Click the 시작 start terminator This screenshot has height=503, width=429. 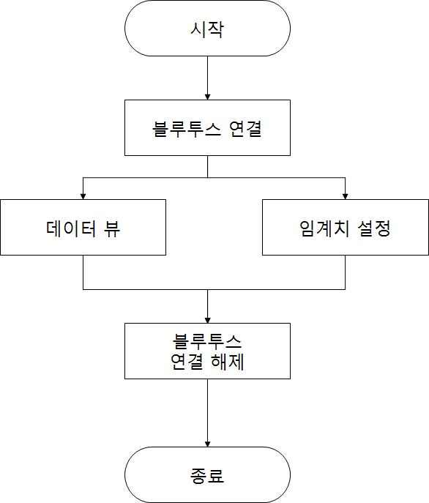(207, 29)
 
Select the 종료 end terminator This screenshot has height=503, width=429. (207, 474)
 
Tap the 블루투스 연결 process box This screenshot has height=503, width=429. (207, 127)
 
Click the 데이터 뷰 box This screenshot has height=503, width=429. (83, 228)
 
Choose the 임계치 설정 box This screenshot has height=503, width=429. (346, 228)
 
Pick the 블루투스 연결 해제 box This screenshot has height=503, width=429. (207, 351)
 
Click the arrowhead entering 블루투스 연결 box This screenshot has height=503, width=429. (207, 97)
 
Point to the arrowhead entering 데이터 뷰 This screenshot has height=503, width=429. (83, 197)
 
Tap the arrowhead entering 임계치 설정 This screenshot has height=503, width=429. (346, 197)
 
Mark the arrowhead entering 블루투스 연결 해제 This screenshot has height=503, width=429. (207, 321)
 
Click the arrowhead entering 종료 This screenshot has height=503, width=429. (207, 444)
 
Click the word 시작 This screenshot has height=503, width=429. (207, 29)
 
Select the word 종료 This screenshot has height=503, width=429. (207, 475)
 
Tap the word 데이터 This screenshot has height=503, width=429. (71, 228)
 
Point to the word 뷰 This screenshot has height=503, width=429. (112, 228)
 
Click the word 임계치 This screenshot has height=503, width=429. (324, 228)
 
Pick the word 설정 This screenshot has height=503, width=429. (374, 228)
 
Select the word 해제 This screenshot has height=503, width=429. (228, 362)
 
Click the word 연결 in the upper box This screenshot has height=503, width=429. (245, 129)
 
